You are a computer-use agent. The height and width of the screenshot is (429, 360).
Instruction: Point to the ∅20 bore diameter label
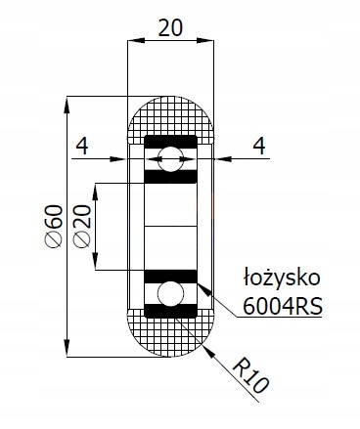point(82,227)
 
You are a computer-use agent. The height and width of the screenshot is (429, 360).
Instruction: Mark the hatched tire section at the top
point(172,117)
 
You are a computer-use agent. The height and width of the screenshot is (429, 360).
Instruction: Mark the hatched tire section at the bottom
point(172,337)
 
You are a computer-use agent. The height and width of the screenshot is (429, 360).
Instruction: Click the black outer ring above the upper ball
point(172,141)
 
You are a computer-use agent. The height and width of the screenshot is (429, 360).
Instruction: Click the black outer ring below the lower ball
point(172,313)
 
